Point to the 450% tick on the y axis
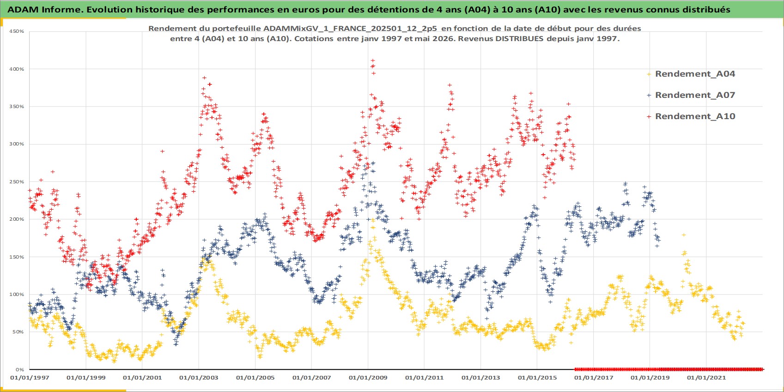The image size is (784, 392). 17,31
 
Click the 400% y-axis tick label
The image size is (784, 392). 17,69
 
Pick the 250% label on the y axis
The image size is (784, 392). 17,182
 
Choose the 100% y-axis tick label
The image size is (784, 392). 17,295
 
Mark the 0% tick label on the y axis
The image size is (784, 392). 20,370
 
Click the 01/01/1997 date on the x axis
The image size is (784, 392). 30,378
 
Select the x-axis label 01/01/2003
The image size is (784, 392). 199,378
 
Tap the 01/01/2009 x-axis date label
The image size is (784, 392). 368,378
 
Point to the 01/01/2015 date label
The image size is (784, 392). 537,378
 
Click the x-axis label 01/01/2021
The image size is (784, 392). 706,378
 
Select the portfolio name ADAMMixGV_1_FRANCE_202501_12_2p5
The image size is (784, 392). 350,29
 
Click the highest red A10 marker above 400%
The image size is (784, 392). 373,60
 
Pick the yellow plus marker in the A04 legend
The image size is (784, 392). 649,74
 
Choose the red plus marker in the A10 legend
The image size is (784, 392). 649,117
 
